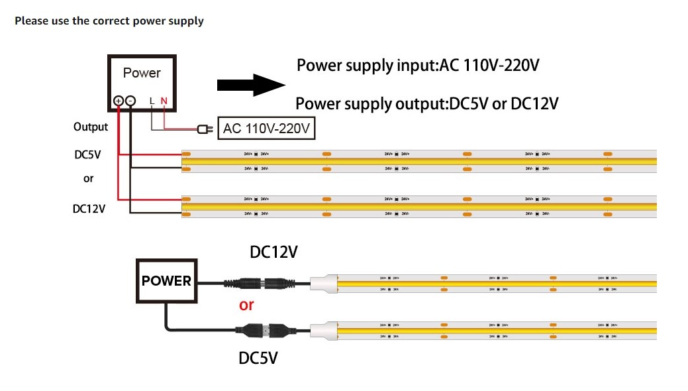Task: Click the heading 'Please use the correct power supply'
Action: click(109, 21)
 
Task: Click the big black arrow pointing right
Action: click(250, 85)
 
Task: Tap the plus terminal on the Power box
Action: click(119, 101)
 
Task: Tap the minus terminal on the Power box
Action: click(130, 101)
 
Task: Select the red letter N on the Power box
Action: click(164, 101)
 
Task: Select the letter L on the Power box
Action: click(152, 101)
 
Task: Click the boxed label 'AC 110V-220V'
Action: click(267, 129)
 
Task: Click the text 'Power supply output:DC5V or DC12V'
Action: click(426, 104)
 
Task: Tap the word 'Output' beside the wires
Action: click(91, 127)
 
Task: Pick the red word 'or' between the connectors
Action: click(246, 306)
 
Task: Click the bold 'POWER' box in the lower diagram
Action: click(166, 281)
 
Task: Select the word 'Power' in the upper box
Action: click(142, 73)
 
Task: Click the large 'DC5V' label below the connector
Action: click(258, 359)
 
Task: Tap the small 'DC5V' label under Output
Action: click(88, 154)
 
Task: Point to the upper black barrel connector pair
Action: click(262, 283)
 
